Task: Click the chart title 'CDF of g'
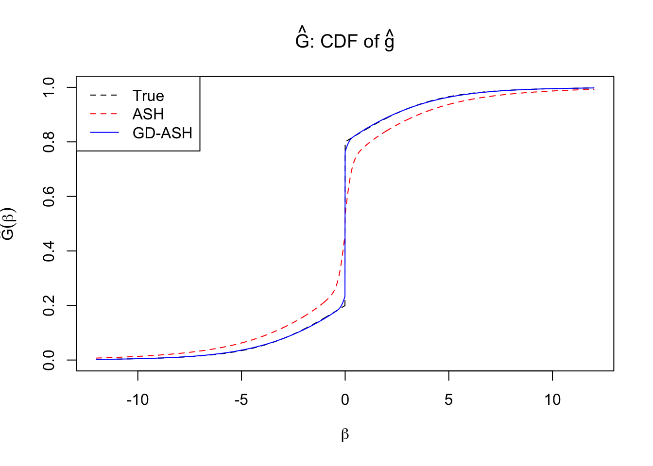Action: [x=344, y=41]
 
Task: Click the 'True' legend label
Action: [x=148, y=96]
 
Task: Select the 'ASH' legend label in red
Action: [x=148, y=114]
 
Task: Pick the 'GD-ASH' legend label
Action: [x=162, y=133]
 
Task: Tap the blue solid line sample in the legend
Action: [x=104, y=133]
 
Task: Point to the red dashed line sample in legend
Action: [x=104, y=114]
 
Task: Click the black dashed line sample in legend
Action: [x=104, y=96]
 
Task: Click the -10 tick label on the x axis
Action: [x=137, y=399]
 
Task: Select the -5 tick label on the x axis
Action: [x=241, y=399]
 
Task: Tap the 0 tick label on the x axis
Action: [x=345, y=399]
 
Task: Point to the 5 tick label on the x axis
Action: [x=448, y=399]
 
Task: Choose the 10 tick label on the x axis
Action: [x=552, y=399]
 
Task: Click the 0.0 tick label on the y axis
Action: [x=49, y=360]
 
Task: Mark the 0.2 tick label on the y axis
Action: [x=49, y=305]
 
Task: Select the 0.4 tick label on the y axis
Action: [x=49, y=251]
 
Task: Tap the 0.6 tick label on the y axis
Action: [x=49, y=196]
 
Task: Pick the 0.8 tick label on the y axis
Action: [x=49, y=142]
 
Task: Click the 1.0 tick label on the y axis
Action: [x=49, y=87]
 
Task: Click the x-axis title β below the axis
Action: [x=345, y=434]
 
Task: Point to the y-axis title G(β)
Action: [x=9, y=224]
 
